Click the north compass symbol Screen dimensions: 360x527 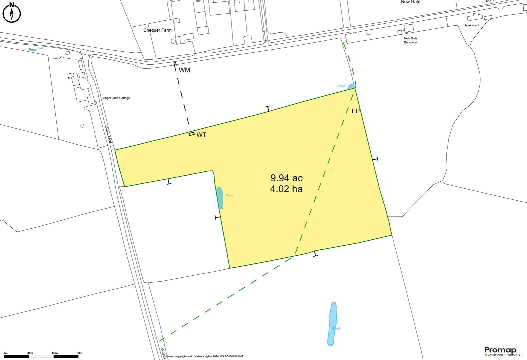coord(12,13)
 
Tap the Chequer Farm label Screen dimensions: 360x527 coord(157,30)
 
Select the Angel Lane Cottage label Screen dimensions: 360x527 coord(116,98)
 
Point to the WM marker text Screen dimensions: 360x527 coord(184,70)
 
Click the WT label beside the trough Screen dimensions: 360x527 coord(201,135)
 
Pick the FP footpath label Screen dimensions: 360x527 coord(356,111)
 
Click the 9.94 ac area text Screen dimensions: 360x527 coord(287,178)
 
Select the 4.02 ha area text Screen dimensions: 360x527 coord(287,189)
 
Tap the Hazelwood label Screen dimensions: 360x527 coord(471,25)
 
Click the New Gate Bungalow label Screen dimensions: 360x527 coord(411,40)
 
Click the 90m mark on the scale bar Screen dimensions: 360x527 coord(79,353)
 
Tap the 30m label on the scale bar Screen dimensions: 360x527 coord(30,353)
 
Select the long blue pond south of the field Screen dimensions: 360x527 coord(333,324)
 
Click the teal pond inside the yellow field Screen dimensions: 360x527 coord(219,198)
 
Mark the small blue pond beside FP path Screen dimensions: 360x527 coord(351,87)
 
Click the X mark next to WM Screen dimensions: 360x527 coord(175,63)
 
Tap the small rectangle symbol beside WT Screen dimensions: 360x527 coord(191,134)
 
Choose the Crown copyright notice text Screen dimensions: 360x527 coord(204,357)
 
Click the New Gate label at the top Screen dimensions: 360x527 coord(411,2)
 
